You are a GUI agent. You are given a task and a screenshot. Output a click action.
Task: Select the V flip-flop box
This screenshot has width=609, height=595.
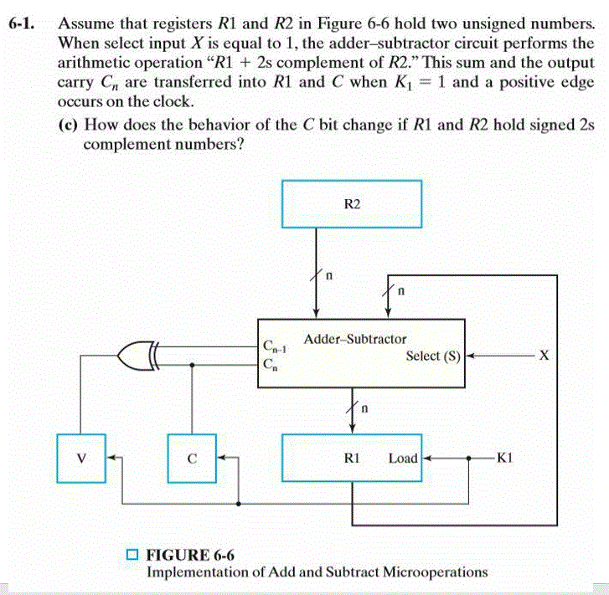coord(80,458)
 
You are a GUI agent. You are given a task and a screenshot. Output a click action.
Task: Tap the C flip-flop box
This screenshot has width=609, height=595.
coord(192,458)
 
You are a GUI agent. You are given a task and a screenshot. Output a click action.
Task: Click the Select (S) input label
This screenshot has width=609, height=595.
coord(433,356)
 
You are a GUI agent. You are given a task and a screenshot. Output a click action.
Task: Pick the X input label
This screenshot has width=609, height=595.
coord(544,356)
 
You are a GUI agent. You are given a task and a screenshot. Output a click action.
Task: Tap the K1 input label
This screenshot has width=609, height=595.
coord(505,458)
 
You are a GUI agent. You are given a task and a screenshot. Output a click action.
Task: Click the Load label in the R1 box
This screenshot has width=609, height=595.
coord(403,459)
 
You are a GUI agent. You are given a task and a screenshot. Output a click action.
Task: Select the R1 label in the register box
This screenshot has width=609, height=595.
coord(353,459)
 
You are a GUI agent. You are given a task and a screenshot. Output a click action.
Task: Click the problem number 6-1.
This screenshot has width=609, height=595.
coord(22,23)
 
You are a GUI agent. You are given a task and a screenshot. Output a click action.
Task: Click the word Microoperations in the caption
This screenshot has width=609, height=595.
coord(435,572)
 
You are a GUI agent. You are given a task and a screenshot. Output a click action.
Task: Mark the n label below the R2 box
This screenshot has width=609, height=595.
coord(329,274)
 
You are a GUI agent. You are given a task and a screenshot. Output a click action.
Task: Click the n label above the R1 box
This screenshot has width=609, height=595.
coord(365,410)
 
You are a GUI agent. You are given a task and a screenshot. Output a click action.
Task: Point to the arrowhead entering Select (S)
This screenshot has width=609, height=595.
coord(470,356)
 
